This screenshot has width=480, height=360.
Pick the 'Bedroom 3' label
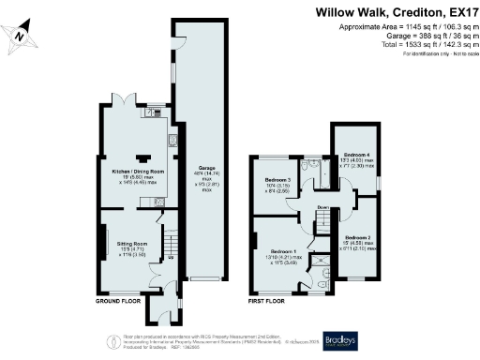coord(277,179)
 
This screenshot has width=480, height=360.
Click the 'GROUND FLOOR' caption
coord(119,302)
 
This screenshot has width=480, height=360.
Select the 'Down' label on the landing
coord(322,207)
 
